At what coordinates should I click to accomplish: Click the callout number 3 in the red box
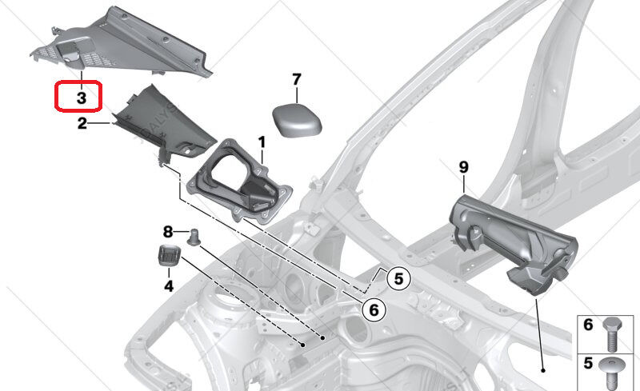click(82, 98)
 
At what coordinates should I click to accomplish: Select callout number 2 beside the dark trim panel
click(82, 123)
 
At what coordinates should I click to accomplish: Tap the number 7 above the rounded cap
click(297, 79)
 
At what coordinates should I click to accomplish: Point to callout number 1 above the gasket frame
click(262, 142)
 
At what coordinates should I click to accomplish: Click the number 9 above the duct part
click(464, 167)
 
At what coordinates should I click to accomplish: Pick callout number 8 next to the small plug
click(168, 232)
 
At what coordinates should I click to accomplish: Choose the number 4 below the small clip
click(169, 286)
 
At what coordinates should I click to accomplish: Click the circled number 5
click(398, 279)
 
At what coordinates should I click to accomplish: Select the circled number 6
click(374, 310)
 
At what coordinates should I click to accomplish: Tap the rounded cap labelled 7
click(297, 120)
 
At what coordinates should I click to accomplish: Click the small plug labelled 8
click(193, 237)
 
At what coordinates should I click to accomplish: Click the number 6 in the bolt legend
click(588, 325)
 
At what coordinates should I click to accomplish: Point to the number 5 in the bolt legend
click(588, 363)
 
